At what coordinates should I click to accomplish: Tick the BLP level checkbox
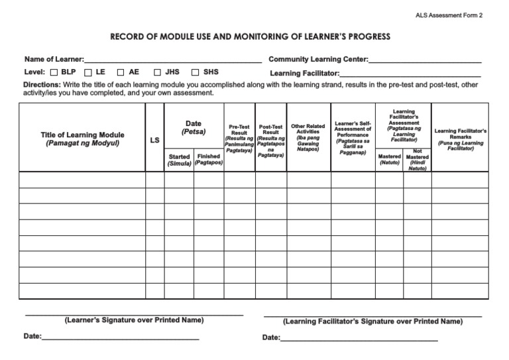click(x=54, y=73)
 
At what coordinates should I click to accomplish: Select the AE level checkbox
click(x=121, y=73)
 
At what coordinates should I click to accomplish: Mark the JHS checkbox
click(x=158, y=73)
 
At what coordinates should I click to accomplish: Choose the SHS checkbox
click(x=196, y=73)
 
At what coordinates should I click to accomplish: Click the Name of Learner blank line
click(x=172, y=60)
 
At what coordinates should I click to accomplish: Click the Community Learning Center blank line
click(x=425, y=60)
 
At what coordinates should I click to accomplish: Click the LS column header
click(x=154, y=141)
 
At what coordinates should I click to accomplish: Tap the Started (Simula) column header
click(x=179, y=160)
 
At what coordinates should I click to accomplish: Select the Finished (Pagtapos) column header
click(x=208, y=160)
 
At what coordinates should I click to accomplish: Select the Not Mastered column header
click(x=417, y=160)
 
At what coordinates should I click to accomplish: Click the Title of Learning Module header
click(x=82, y=139)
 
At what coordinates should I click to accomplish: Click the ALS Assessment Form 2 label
click(x=449, y=15)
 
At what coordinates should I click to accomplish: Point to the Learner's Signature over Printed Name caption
click(x=134, y=320)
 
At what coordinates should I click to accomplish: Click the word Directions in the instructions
click(x=42, y=85)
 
